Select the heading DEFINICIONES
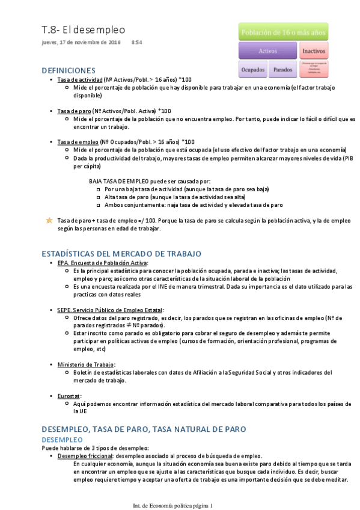tap(69, 70)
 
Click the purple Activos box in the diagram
tap(267, 51)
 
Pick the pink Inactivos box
tap(314, 51)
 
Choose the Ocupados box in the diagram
tap(253, 70)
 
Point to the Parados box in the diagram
tap(282, 70)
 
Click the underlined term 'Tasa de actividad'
tap(79, 79)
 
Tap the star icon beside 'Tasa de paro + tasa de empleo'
tap(49, 221)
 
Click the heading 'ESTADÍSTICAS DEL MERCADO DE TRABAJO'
tap(121, 253)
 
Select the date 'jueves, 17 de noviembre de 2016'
tap(81, 42)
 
